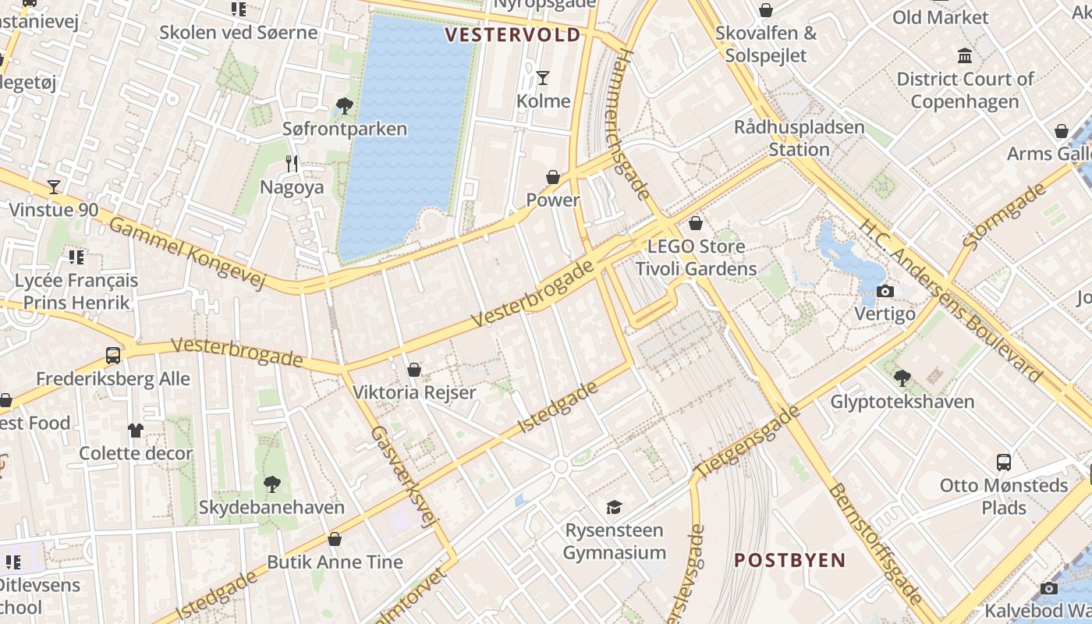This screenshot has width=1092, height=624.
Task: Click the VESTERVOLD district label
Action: [513, 34]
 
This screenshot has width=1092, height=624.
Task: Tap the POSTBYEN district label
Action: [790, 560]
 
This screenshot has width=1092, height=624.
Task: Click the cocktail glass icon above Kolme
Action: [543, 77]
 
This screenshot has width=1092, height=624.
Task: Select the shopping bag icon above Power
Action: [553, 177]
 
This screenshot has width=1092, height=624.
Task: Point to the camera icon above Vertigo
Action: [885, 291]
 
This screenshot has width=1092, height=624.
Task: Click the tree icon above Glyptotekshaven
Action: [902, 378]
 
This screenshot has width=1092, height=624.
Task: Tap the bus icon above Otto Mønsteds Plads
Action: [1004, 462]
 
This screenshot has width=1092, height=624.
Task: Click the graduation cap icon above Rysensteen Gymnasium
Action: [614, 507]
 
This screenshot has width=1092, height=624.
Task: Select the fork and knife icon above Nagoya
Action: [292, 163]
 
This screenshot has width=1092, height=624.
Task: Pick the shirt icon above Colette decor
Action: [136, 430]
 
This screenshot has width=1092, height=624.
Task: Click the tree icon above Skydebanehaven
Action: [271, 484]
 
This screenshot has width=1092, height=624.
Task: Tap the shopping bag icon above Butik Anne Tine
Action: [335, 538]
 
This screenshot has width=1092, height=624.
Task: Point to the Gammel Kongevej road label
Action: [187, 252]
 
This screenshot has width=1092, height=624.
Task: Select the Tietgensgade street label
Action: [748, 441]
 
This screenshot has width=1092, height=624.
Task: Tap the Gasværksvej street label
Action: [402, 476]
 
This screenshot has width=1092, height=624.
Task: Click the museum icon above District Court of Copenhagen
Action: [965, 55]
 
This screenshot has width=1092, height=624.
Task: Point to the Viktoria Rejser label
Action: [414, 392]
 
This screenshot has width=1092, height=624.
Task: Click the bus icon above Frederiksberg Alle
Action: [113, 356]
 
